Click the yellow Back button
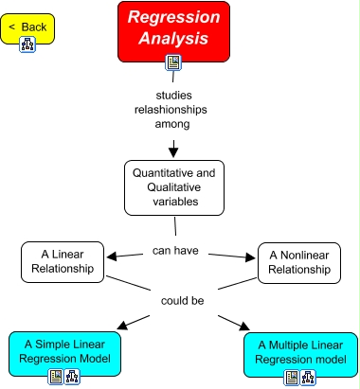coord(28,27)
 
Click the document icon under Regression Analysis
coord(173,63)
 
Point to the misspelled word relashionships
coord(172,109)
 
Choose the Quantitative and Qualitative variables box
coord(172,187)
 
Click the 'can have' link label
coord(174,251)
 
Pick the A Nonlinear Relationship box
coord(298,262)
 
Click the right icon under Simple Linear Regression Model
coord(70,376)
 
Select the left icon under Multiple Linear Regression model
coord(292,377)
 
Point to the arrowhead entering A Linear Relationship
coord(112,256)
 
